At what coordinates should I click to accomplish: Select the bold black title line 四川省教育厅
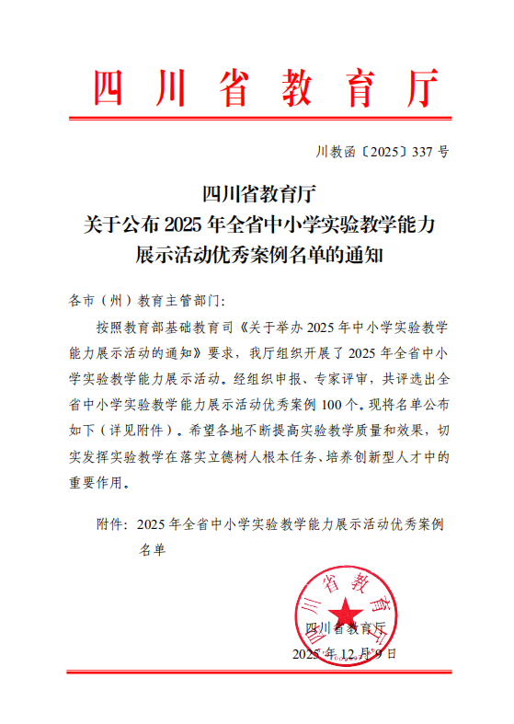258,195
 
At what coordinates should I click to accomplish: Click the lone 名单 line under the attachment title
151,550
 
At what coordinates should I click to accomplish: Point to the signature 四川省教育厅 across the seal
345,628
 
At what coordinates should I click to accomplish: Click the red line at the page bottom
257,672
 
